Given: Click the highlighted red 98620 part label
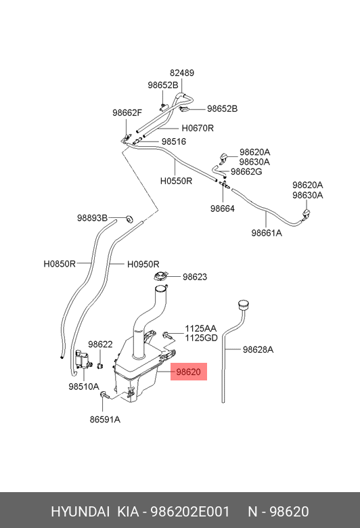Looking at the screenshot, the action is tap(189, 372).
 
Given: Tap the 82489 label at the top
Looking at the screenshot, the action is tap(182, 73).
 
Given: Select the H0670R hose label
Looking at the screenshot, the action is tap(198, 129).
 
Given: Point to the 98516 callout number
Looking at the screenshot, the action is tap(174, 141).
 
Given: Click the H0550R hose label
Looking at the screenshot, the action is tap(176, 181).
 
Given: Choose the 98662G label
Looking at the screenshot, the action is tap(246, 172).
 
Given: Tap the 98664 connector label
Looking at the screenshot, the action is tap(222, 208).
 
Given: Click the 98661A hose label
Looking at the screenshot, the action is tap(267, 233).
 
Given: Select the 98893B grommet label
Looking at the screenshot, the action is tap(92, 218).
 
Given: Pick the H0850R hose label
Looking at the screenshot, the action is tap(60, 264).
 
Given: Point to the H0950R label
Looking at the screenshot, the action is tap(143, 265).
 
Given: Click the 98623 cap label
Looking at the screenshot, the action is tap(195, 277).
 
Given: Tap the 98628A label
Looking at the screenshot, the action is tap(258, 350).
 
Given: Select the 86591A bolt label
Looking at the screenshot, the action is tap(105, 420).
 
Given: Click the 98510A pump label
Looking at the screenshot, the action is tap(84, 387).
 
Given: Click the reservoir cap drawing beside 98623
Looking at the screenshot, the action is tap(160, 276).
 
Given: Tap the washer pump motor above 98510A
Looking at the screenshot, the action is tap(83, 359).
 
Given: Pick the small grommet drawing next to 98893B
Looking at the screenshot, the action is tap(129, 218).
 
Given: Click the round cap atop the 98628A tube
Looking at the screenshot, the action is tap(243, 305).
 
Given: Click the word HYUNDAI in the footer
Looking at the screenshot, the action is tap(80, 512).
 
